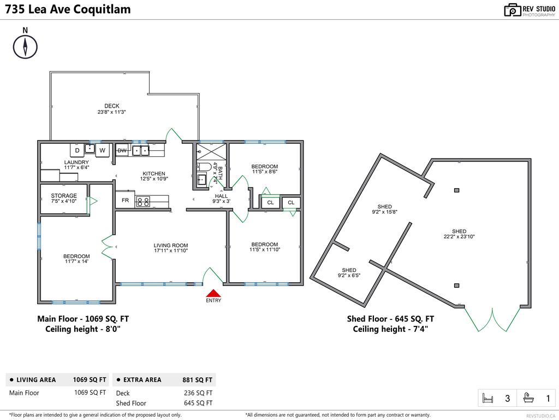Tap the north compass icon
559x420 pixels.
click(25, 46)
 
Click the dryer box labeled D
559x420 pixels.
click(77, 150)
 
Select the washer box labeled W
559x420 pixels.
click(102, 150)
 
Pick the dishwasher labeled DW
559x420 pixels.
click(122, 150)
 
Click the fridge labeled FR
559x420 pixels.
click(125, 200)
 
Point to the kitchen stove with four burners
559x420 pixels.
click(143, 201)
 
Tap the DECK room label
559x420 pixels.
click(112, 106)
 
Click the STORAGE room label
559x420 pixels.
click(64, 196)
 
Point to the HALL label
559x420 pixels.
click(221, 196)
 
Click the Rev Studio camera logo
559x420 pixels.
click(512, 10)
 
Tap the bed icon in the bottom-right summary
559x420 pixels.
click(487, 399)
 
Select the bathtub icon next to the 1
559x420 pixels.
click(528, 399)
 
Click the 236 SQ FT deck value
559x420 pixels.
click(198, 393)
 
